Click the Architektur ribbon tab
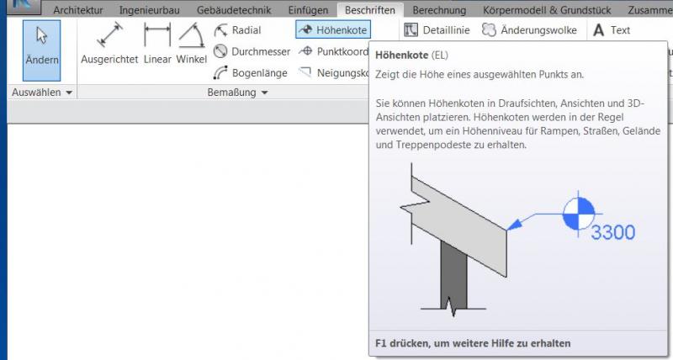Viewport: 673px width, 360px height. (79, 10)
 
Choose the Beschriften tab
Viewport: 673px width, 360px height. (370, 10)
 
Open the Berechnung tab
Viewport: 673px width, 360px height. (440, 10)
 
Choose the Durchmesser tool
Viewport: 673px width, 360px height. (252, 51)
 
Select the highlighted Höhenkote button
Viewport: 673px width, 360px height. (332, 30)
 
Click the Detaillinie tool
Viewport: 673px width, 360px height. (437, 30)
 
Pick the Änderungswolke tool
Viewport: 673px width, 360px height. (529, 30)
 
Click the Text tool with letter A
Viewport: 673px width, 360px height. (612, 30)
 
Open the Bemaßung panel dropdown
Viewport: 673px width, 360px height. (237, 92)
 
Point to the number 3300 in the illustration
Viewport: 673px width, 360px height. (612, 233)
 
